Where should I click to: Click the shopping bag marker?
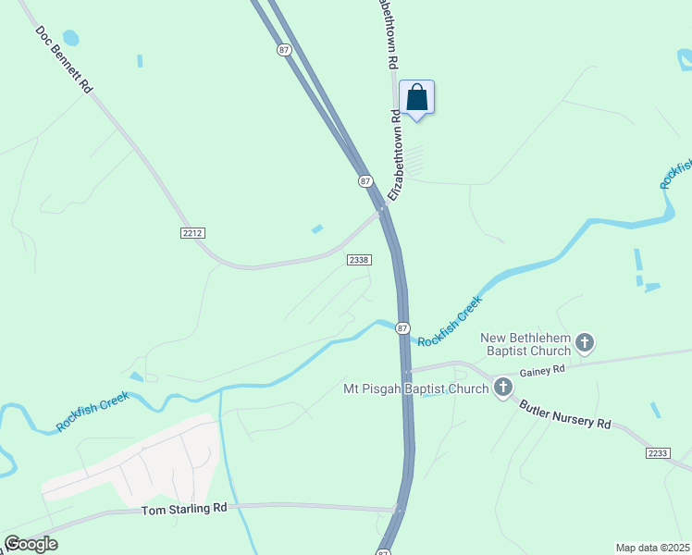click(x=416, y=97)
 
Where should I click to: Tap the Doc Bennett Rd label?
click(x=65, y=58)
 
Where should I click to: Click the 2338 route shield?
click(x=360, y=260)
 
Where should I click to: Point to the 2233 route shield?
click(x=658, y=451)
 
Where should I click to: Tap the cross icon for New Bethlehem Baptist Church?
click(x=585, y=344)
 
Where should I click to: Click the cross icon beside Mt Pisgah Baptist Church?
click(x=503, y=387)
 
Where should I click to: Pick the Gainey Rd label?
click(x=542, y=370)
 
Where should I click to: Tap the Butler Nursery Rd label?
click(x=564, y=413)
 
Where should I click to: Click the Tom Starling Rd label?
click(x=184, y=509)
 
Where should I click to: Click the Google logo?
click(x=31, y=544)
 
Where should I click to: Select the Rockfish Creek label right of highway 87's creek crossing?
click(x=451, y=321)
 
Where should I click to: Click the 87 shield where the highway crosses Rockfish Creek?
click(x=402, y=328)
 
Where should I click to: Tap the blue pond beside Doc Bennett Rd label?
click(x=71, y=39)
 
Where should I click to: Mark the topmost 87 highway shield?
click(x=283, y=50)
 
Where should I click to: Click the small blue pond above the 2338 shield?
click(x=317, y=228)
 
